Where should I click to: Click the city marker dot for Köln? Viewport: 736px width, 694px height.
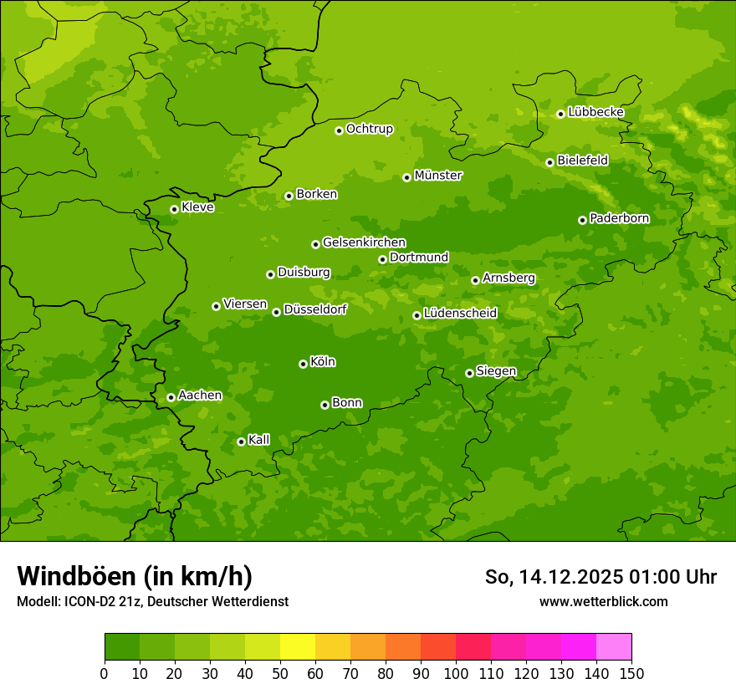coord(303,364)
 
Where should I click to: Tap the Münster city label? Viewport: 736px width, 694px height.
coord(438,176)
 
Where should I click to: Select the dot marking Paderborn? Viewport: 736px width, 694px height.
coord(583,220)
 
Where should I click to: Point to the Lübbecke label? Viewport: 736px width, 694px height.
coord(595,112)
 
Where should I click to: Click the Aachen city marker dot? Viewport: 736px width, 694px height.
coord(171,397)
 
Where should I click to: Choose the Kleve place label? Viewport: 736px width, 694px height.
coord(197,207)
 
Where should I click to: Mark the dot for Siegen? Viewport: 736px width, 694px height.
coord(469,373)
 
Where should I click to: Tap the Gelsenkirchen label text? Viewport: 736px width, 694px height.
coord(364,242)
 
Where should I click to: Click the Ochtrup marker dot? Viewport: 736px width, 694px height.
coord(340,130)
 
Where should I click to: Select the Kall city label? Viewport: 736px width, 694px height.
coord(259,440)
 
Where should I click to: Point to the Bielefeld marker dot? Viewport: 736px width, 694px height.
coord(550,162)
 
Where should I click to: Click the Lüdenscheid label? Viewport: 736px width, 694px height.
coord(460,314)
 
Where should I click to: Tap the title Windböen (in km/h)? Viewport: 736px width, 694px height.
coord(134,576)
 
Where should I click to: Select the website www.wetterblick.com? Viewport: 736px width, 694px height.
coord(603,601)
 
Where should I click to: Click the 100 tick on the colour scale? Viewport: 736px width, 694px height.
coord(456,673)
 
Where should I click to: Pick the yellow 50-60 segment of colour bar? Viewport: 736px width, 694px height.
coord(298,647)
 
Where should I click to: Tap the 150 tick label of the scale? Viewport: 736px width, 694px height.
coord(631,673)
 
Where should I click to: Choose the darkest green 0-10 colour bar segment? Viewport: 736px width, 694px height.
coord(122,647)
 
